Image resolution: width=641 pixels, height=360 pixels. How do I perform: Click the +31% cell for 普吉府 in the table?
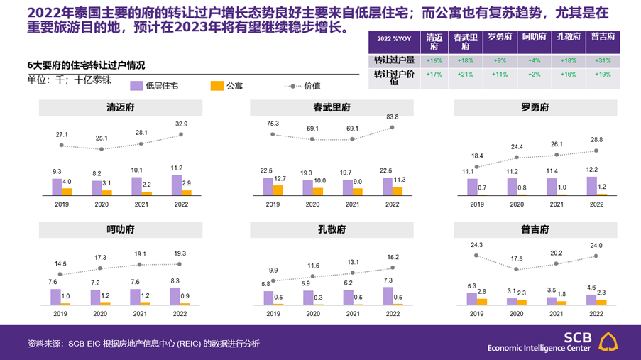click(603, 60)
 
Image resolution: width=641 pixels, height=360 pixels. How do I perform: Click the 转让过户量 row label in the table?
click(394, 60)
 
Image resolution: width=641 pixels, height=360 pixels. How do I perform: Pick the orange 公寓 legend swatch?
click(217, 86)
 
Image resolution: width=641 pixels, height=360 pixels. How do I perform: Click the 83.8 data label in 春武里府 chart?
click(392, 116)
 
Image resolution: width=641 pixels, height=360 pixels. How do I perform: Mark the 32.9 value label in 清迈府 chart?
click(182, 123)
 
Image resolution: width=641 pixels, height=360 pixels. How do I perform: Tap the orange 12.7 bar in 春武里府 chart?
click(278, 190)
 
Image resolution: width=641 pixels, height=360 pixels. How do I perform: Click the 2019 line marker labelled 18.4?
click(476, 167)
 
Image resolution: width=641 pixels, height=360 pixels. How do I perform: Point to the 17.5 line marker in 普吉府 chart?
click(516, 269)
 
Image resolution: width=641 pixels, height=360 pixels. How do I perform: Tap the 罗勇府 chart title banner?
click(535, 108)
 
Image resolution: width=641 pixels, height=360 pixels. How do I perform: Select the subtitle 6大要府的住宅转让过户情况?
click(86, 65)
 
